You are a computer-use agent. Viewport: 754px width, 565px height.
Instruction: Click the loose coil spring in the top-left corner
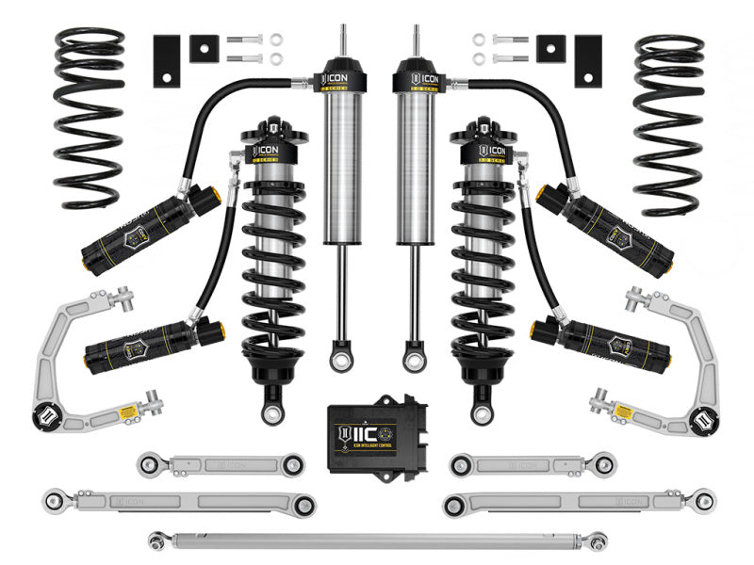89,117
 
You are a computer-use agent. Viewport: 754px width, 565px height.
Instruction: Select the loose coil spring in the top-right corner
668,117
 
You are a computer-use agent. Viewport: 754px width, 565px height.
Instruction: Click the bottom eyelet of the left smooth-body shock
337,359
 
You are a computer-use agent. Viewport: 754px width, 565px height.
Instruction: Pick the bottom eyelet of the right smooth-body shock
416,359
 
